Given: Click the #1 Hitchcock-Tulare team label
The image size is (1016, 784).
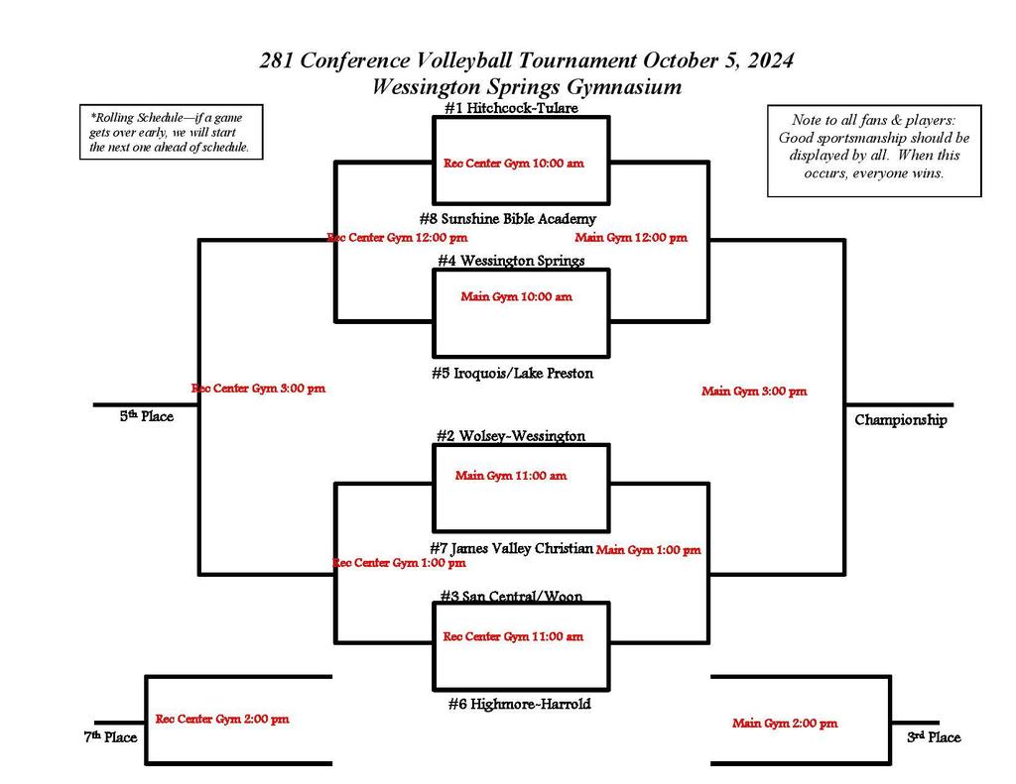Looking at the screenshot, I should coord(511,108).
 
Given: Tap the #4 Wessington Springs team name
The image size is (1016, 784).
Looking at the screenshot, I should coord(511,261).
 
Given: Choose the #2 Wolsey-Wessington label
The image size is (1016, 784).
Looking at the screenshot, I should coord(511,435).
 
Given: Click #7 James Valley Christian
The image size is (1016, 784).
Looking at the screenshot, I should coord(511,548).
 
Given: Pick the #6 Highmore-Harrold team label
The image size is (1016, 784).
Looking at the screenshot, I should coord(519,704).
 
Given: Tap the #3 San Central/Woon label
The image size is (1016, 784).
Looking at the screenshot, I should coord(511,597).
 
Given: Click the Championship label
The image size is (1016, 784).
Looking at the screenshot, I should coord(901,420).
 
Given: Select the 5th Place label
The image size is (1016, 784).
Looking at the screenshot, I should coord(147,417).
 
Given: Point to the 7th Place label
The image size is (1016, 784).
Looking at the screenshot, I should coord(109,737).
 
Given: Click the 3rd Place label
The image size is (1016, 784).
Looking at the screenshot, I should coord(934,737).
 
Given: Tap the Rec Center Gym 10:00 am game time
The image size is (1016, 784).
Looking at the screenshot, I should coord(513,164).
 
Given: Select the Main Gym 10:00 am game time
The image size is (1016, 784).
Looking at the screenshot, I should coord(516,296).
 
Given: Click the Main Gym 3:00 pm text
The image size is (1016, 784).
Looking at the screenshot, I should coord(754,392).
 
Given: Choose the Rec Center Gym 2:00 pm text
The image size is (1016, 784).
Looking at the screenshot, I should coord(222,720).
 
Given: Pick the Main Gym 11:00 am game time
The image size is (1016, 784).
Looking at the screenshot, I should coord(511,476).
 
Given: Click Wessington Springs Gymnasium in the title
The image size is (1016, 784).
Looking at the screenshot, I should coord(526,86).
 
